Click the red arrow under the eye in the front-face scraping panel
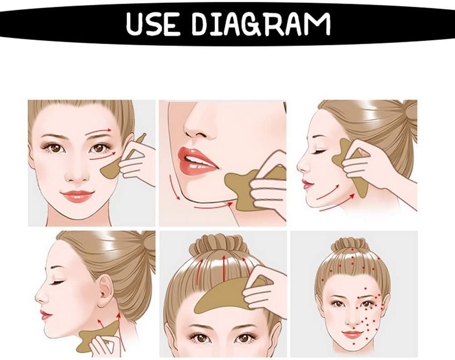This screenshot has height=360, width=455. [x=102, y=156]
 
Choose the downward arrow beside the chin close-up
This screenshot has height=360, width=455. [x=174, y=187]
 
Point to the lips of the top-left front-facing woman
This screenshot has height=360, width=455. [x=77, y=196]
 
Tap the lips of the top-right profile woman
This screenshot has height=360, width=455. [x=306, y=183]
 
